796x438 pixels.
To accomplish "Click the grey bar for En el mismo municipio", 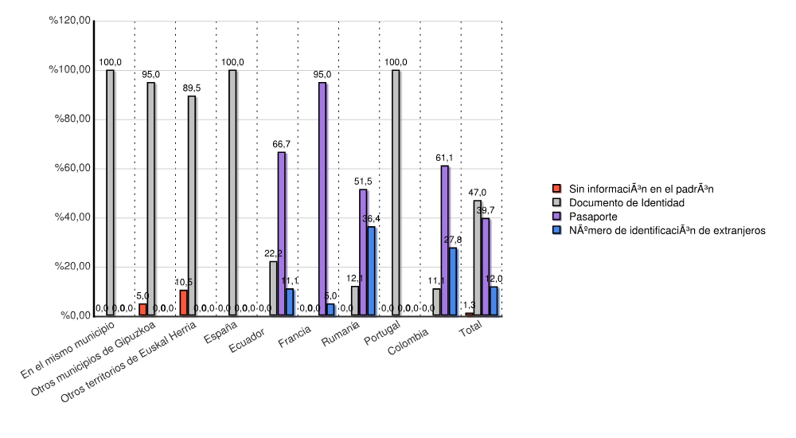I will pyautogui.click(x=110, y=193).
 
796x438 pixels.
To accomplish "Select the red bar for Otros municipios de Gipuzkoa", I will pyautogui.click(x=142, y=310).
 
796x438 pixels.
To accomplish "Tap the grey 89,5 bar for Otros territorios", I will pyautogui.click(x=192, y=205).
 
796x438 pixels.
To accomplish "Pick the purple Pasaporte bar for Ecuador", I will pyautogui.click(x=281, y=233).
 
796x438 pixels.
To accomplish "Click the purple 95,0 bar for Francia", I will pyautogui.click(x=322, y=199).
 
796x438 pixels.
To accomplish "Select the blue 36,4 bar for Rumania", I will pyautogui.click(x=371, y=271).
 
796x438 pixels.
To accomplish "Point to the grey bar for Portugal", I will pyautogui.click(x=396, y=193).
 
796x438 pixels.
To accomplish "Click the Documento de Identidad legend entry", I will pyautogui.click(x=626, y=203).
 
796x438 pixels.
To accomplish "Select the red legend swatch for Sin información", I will pyautogui.click(x=557, y=189).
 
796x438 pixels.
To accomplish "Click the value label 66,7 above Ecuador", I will pyautogui.click(x=281, y=145).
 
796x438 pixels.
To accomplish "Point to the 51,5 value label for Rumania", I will pyautogui.click(x=363, y=182).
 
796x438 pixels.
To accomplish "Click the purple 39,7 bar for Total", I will pyautogui.click(x=486, y=267).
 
